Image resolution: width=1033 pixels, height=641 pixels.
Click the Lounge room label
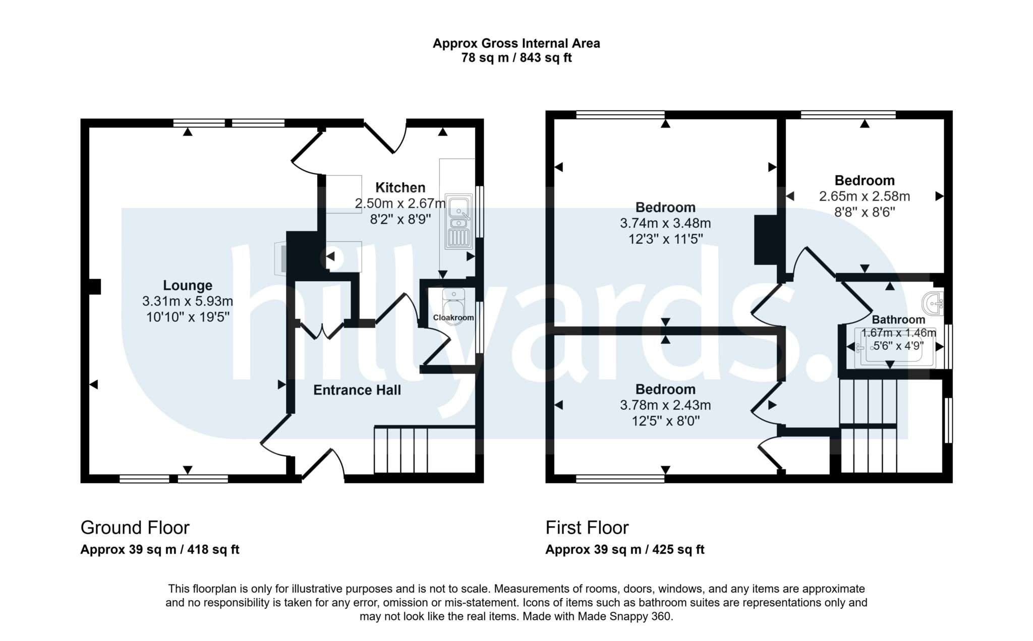click(x=187, y=286)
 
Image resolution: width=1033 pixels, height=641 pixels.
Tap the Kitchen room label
click(x=400, y=188)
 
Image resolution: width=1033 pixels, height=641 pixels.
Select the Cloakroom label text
click(x=453, y=317)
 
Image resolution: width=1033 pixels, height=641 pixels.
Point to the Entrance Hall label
click(x=357, y=390)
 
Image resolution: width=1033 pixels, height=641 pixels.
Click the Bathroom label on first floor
click(x=898, y=319)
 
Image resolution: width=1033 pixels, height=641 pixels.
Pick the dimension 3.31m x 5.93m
click(x=187, y=301)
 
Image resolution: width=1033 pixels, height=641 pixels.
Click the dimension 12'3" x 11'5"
click(x=665, y=238)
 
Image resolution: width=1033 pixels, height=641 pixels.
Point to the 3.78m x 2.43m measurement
click(x=665, y=405)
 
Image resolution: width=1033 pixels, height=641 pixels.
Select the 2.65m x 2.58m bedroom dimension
click(x=864, y=196)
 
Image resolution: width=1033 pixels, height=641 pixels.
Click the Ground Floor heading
click(x=135, y=527)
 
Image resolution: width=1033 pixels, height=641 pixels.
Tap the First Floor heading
click(x=587, y=527)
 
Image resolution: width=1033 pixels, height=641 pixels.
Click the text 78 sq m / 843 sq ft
click(x=516, y=58)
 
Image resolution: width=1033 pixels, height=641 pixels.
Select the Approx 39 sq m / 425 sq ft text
click(x=624, y=550)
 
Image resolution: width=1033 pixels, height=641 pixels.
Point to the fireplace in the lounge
click(x=281, y=259)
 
